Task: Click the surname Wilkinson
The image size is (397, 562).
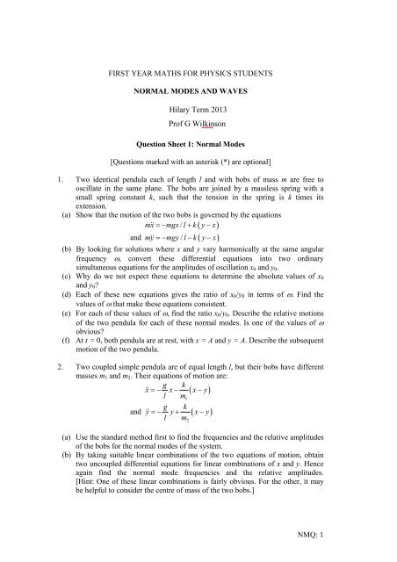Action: coord(226,138)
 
